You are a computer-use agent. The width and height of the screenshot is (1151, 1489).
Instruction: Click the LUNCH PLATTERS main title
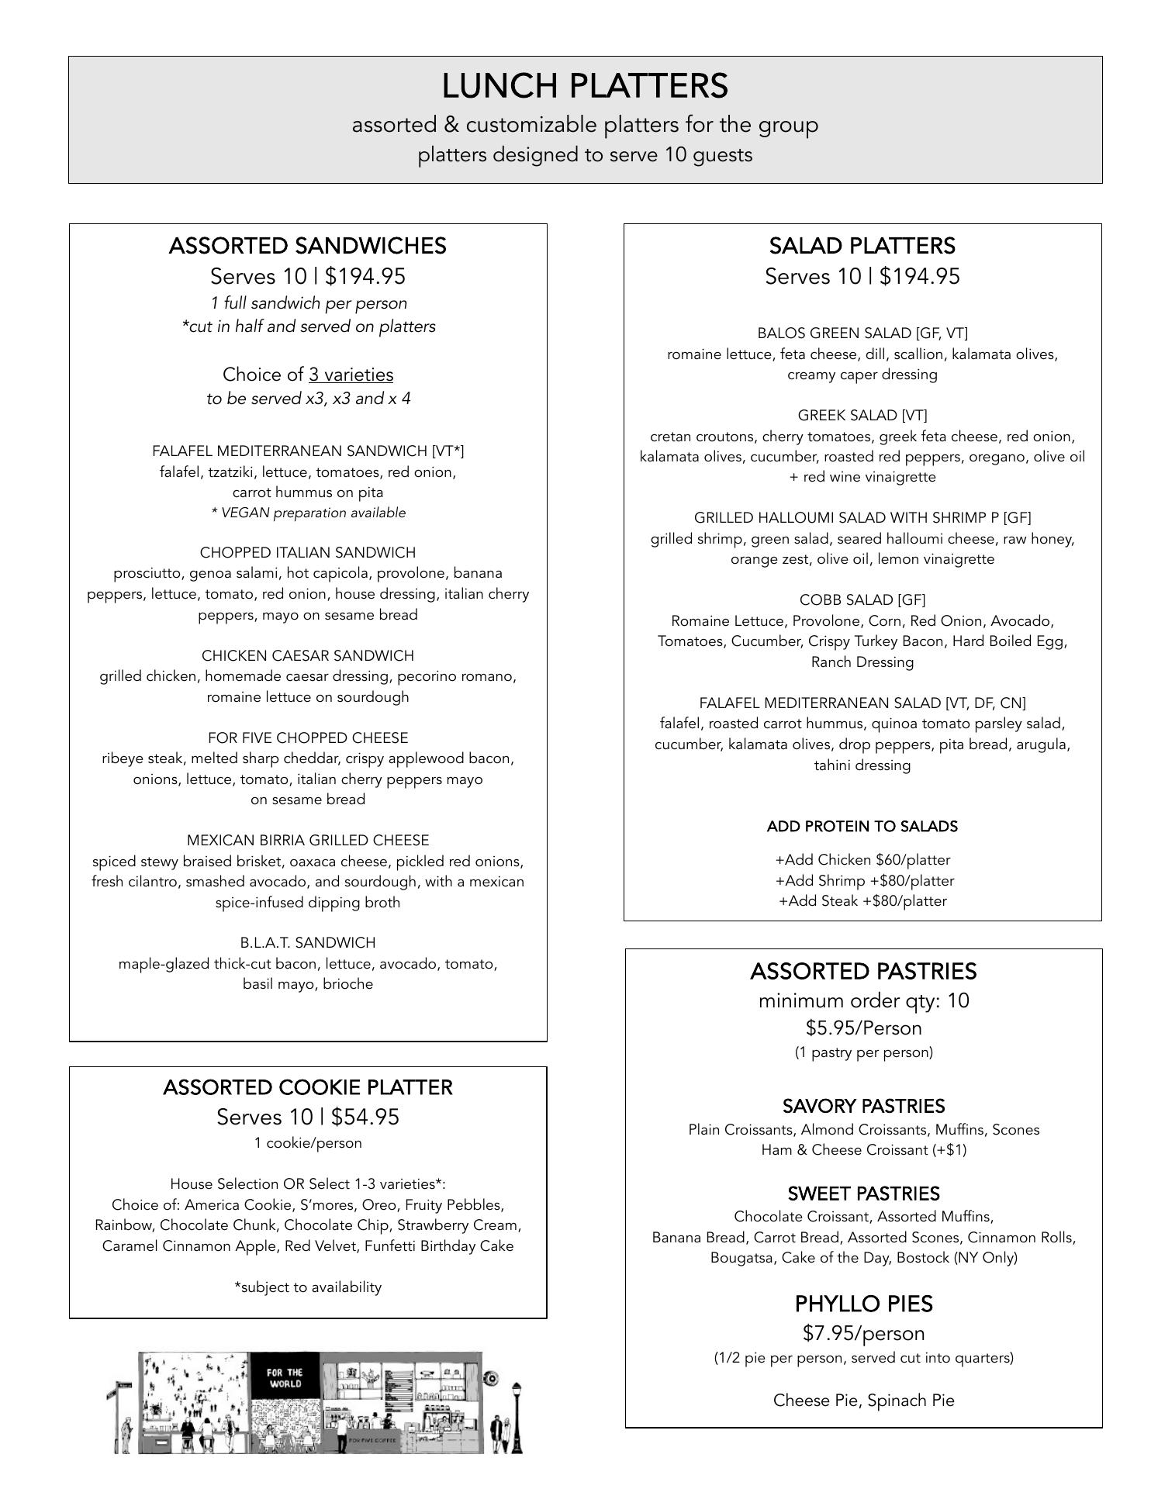click(x=585, y=86)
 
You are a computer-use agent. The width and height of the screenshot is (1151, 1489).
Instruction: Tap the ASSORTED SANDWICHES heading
click(x=307, y=246)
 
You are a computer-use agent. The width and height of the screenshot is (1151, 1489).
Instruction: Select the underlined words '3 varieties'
click(x=351, y=375)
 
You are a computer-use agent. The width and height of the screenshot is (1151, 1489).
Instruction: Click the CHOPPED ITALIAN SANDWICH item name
click(x=307, y=552)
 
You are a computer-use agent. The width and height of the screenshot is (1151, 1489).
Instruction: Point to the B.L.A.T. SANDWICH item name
click(x=307, y=942)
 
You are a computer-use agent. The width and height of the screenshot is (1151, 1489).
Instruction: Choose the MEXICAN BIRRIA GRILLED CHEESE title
click(x=307, y=840)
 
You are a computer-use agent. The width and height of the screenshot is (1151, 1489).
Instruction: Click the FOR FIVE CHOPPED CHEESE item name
click(x=307, y=738)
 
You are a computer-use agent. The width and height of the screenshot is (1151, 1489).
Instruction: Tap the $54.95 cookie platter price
click(x=365, y=1117)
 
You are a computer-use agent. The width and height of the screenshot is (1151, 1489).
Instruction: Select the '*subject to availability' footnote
click(x=307, y=1287)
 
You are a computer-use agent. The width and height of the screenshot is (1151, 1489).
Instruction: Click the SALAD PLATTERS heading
click(x=862, y=246)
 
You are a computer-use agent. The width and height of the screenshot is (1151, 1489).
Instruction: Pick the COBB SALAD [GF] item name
click(x=862, y=599)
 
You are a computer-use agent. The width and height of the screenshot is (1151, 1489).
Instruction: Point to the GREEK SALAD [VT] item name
click(x=862, y=415)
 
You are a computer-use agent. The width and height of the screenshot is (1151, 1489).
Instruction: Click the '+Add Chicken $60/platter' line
click(x=862, y=859)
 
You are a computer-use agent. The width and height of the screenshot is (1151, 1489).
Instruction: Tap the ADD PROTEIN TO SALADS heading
click(x=862, y=826)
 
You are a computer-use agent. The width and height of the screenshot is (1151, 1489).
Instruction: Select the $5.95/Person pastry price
click(x=863, y=1028)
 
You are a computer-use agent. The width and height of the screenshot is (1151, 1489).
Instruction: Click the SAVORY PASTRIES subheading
click(x=863, y=1106)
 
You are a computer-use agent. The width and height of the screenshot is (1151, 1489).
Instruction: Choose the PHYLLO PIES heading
click(x=863, y=1304)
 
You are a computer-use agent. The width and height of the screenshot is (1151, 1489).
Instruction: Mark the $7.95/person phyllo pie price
click(x=863, y=1333)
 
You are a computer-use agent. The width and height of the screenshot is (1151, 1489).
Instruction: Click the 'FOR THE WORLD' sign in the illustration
click(x=285, y=1378)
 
